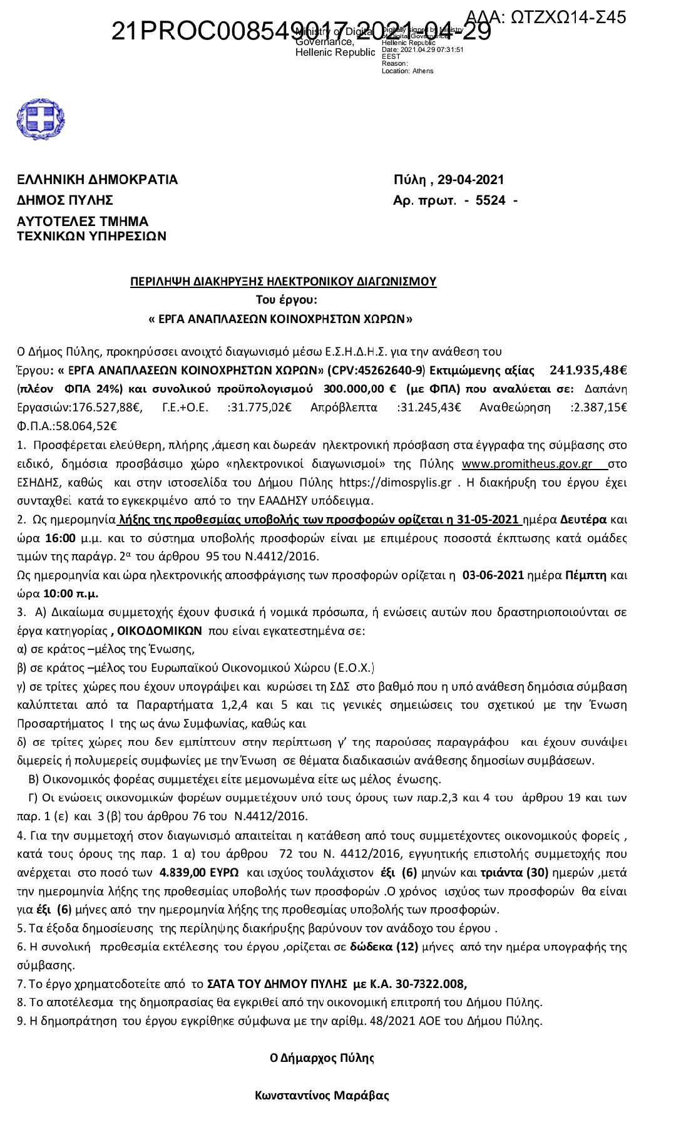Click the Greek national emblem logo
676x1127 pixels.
click(x=41, y=119)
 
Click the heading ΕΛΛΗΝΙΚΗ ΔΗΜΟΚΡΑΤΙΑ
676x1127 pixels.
click(x=97, y=180)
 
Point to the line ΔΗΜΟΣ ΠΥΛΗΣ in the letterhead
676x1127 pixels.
click(x=65, y=200)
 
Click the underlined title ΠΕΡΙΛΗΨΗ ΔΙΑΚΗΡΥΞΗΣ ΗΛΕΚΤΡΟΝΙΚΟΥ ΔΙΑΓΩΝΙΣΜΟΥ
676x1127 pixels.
click(x=283, y=282)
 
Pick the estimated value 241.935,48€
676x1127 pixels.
click(x=588, y=370)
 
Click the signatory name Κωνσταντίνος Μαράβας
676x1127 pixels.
click(x=322, y=1096)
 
